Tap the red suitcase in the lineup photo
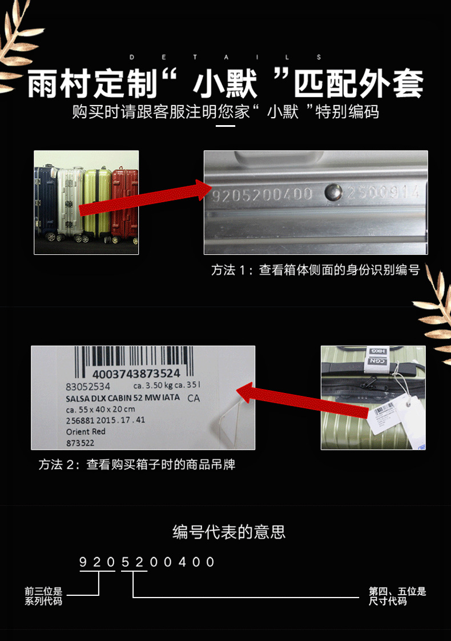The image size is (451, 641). tap(126, 200)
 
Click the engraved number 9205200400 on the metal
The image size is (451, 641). tap(262, 194)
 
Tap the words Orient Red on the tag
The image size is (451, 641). tap(86, 431)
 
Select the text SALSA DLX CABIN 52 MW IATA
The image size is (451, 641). tap(123, 398)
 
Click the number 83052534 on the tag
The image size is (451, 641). tap(88, 387)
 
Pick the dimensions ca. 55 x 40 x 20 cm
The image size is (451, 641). tap(100, 409)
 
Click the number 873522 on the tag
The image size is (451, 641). tap(80, 442)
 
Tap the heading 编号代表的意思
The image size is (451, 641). tap(229, 532)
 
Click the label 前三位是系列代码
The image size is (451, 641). tap(43, 596)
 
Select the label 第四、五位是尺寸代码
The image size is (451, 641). tap(397, 596)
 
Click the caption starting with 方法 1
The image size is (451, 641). tap(315, 270)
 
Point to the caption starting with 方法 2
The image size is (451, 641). tap(137, 464)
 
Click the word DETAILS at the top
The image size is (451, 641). tap(226, 57)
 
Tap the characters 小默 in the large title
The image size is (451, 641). tap(225, 84)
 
